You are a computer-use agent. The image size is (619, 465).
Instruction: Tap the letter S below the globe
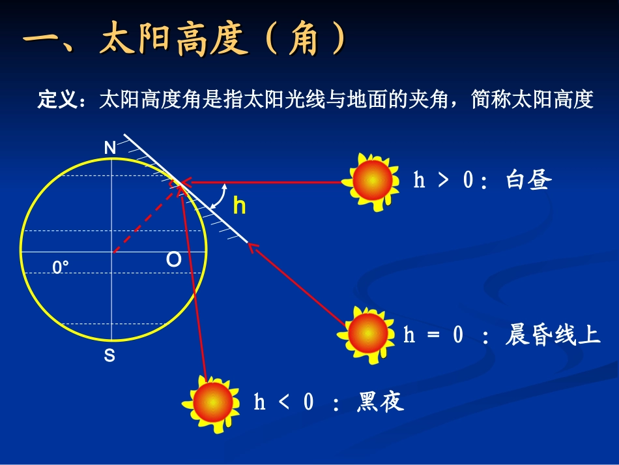(109, 356)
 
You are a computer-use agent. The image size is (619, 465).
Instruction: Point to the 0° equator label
(61, 267)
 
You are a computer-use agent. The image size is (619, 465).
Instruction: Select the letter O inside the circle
(173, 260)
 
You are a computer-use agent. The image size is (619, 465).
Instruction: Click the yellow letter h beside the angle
(239, 206)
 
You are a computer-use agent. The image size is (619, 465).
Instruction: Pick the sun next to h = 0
(366, 334)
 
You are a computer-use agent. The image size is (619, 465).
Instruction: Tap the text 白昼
(528, 179)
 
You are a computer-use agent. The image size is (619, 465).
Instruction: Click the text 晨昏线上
(553, 335)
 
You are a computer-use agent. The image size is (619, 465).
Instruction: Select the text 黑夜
(381, 402)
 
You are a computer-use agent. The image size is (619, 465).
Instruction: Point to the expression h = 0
(433, 335)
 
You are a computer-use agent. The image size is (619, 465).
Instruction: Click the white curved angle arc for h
(223, 196)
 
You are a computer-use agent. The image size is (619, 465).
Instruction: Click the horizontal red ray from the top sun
(267, 182)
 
